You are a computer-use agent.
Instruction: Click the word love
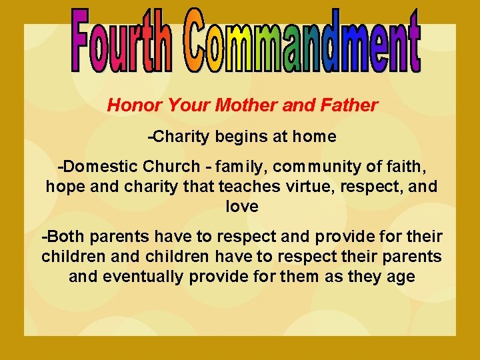coord(241,207)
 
